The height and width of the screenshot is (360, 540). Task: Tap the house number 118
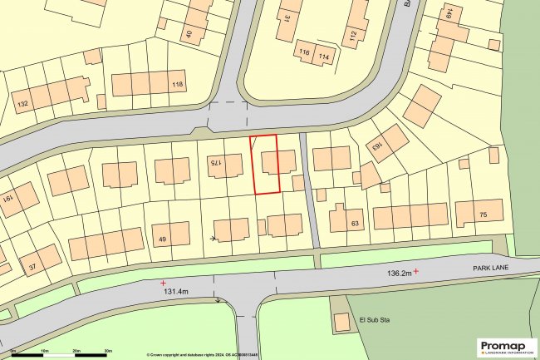coord(177,86)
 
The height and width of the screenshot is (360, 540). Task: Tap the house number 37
coord(33,268)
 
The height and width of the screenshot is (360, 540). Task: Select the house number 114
coord(324,57)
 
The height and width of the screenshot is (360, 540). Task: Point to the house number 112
coord(352,35)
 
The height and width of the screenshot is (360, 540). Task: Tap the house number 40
coord(189,34)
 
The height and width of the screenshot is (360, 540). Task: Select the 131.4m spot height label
coord(177,292)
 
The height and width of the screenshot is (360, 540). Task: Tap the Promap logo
coord(506,346)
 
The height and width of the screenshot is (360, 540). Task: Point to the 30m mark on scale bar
coord(108,352)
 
